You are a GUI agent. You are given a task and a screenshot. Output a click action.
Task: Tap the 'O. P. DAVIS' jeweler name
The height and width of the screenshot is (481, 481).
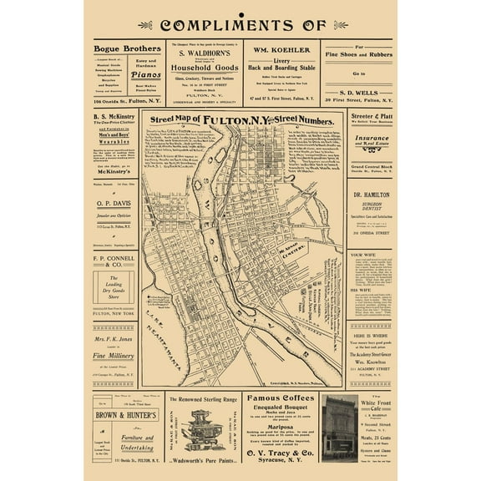pos(114,202)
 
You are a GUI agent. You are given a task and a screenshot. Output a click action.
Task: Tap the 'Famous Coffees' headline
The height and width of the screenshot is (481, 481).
pos(280,398)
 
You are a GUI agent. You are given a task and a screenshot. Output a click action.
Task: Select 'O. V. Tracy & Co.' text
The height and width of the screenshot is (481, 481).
pos(280,453)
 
